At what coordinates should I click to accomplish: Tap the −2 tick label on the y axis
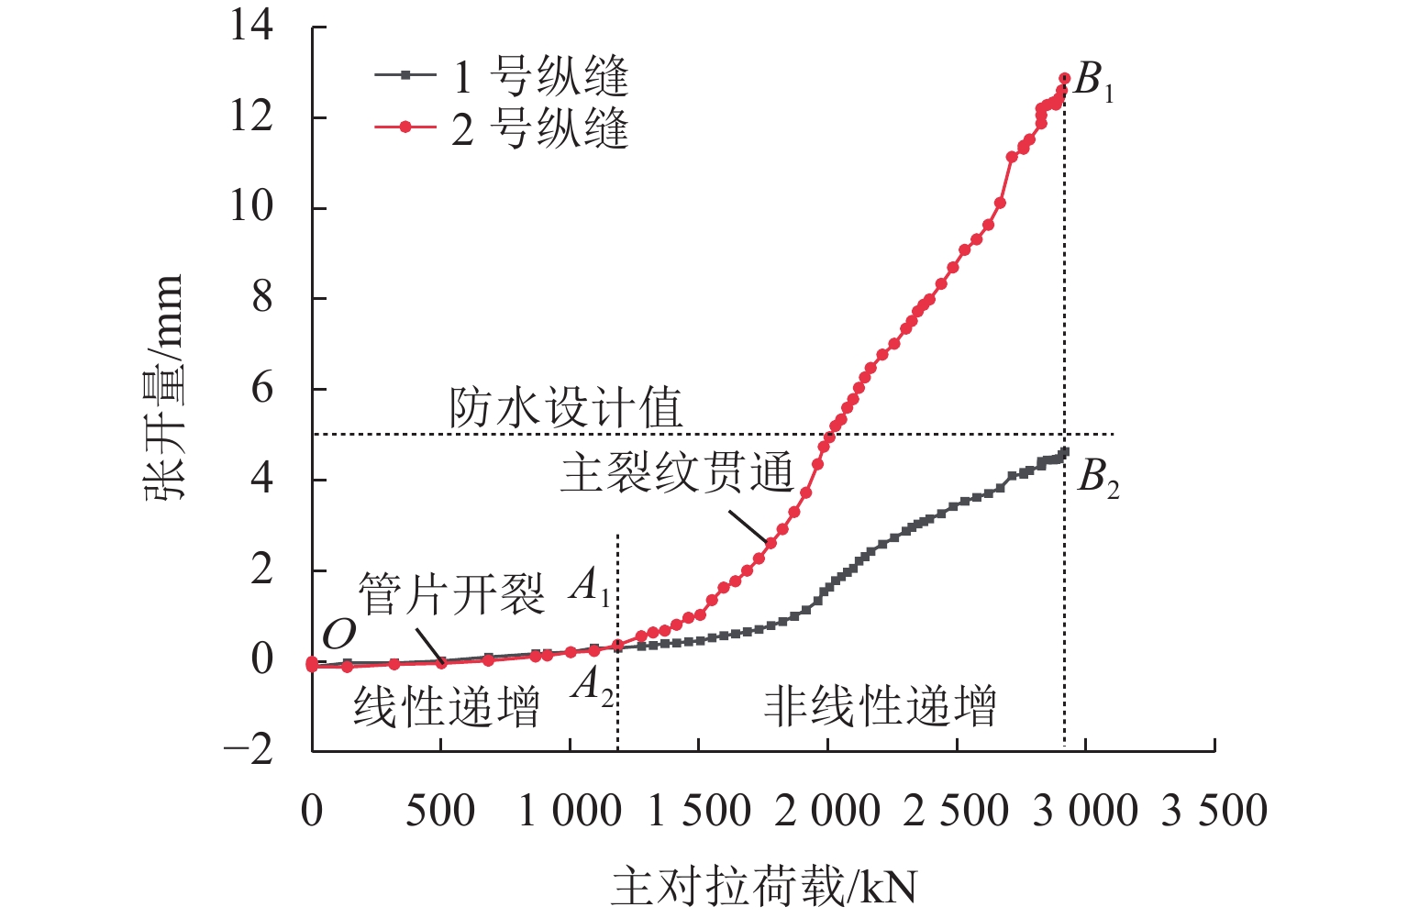tap(249, 749)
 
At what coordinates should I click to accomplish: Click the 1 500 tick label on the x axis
tap(699, 811)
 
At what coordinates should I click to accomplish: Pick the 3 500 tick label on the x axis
tap(1214, 811)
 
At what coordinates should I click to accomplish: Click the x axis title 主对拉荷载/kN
tap(763, 887)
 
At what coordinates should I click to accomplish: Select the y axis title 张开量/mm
tap(165, 388)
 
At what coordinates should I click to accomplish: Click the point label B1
tap(1093, 82)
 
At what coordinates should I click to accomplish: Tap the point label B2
tap(1098, 477)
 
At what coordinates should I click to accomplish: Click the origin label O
tap(338, 634)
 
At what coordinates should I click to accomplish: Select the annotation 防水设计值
tap(566, 408)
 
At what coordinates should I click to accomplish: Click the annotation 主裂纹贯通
tap(677, 473)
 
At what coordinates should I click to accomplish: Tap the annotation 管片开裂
tap(451, 594)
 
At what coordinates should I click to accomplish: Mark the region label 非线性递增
tap(880, 707)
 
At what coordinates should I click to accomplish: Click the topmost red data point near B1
tap(1064, 79)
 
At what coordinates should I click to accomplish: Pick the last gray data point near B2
tap(1064, 451)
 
